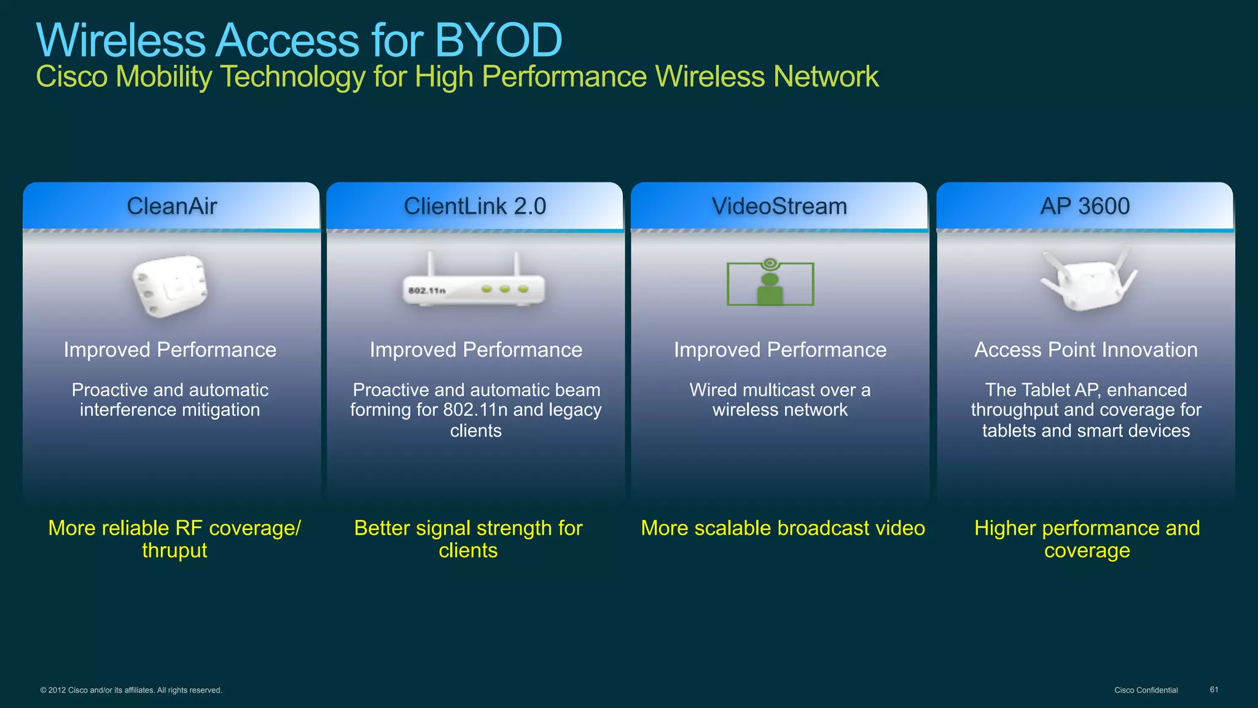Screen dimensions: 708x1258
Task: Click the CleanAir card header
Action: point(171,206)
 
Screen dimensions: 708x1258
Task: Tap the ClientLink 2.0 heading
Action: point(475,206)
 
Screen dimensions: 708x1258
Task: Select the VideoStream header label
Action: point(779,206)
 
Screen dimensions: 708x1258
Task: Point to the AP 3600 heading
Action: point(1085,206)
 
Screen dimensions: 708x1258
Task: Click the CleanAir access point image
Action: point(170,286)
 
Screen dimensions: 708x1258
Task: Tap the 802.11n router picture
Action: point(474,286)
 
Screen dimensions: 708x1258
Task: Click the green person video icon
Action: point(770,284)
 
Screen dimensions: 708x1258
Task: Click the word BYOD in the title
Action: point(498,41)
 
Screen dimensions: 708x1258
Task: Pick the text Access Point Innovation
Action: point(1086,350)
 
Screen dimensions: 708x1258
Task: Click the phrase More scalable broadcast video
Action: point(783,528)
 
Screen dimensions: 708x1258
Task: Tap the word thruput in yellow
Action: point(174,551)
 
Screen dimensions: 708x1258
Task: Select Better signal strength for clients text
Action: point(468,539)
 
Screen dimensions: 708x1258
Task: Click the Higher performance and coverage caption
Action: point(1087,539)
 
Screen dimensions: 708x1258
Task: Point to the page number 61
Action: point(1214,690)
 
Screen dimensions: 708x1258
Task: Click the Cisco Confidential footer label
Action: point(1146,690)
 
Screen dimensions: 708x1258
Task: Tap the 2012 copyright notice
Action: point(131,690)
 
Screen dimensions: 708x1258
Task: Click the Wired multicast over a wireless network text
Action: point(779,400)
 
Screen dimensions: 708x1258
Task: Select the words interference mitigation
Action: point(170,410)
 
